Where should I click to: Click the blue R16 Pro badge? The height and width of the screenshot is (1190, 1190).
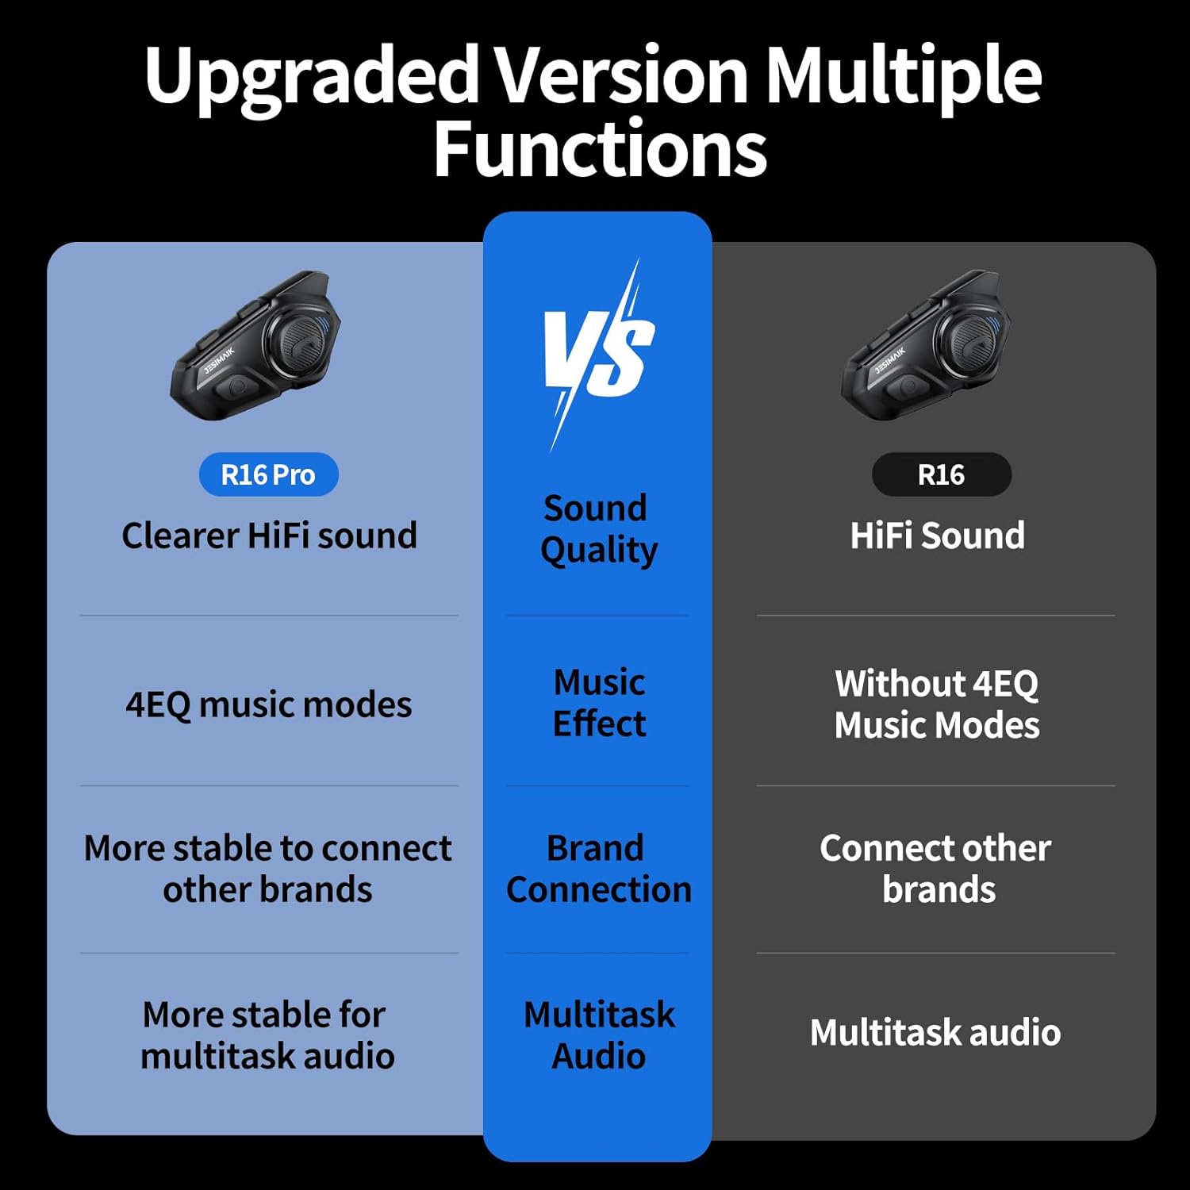coord(268,474)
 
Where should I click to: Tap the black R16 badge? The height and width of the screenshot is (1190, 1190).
coord(941,474)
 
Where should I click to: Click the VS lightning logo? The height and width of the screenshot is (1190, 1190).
coord(598,354)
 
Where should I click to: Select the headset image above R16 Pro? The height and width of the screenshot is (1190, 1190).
coord(255,345)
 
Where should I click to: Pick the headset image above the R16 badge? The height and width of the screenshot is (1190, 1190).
coord(926,345)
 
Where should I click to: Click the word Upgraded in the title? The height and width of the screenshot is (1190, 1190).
coord(311,78)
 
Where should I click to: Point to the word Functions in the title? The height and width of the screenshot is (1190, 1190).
coord(600,149)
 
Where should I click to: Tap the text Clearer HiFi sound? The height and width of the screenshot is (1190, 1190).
coord(269,535)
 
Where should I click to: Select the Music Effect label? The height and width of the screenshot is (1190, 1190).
coord(599,703)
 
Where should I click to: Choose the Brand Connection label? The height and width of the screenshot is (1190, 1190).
coord(598,869)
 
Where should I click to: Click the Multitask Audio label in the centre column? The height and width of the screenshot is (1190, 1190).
coord(599,1035)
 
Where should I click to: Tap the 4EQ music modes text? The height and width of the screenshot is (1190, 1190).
coord(269,704)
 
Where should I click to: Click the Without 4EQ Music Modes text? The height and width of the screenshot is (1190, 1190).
coord(937,704)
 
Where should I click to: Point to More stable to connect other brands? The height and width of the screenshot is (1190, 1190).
coord(268,869)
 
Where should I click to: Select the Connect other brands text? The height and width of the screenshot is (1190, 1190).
coord(936,869)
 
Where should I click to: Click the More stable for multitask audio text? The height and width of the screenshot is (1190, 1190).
coord(267,1035)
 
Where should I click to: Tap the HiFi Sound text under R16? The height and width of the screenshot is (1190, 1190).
coord(937,535)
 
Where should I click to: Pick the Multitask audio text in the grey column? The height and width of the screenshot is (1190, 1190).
coord(935,1032)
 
